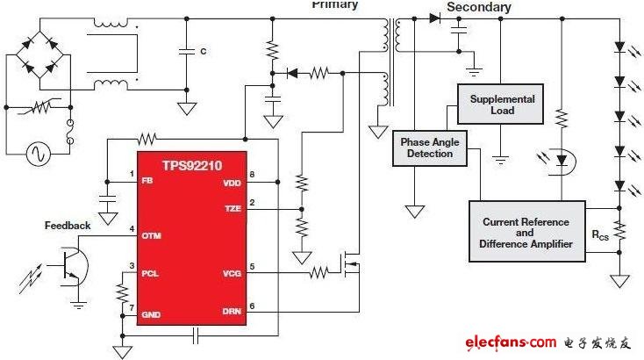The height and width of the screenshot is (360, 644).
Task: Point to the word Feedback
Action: pos(68,226)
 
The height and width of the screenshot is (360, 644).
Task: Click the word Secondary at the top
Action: pos(478,8)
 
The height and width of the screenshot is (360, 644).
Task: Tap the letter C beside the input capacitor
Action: pos(203,52)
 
